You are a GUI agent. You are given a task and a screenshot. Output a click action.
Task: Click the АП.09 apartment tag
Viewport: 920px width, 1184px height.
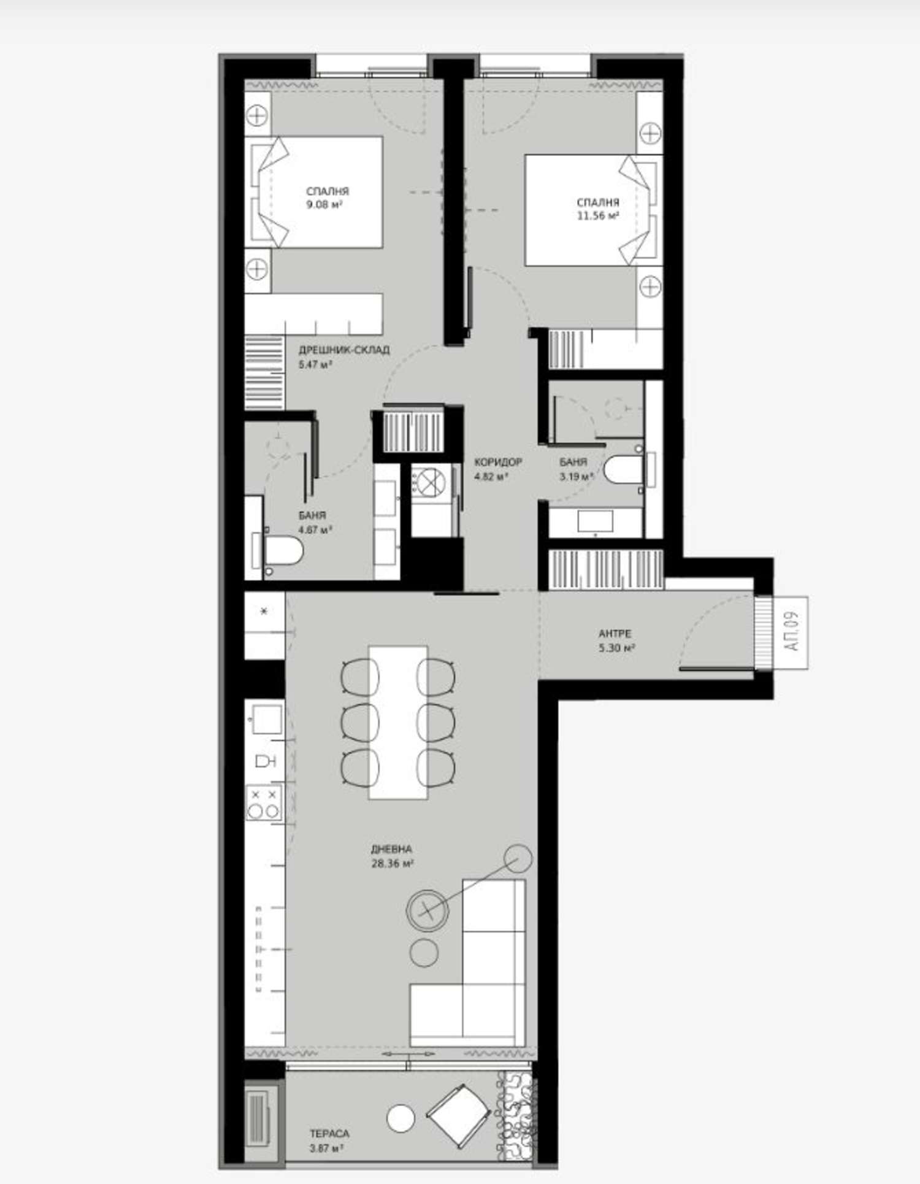(791, 632)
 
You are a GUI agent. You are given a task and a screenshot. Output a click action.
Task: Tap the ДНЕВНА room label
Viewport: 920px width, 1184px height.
(391, 850)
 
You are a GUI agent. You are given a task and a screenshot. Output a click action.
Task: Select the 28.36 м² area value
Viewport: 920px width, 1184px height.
(392, 864)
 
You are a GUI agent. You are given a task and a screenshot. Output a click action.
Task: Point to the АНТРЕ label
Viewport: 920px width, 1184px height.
(615, 634)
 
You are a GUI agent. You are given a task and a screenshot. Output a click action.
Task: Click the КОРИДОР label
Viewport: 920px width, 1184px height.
(498, 462)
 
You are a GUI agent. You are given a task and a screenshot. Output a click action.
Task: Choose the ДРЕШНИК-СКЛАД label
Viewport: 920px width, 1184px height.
(344, 350)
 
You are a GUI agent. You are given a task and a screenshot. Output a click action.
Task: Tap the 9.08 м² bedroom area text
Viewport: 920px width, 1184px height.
(324, 205)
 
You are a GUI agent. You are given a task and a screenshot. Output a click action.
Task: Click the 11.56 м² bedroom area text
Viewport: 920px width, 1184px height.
(597, 216)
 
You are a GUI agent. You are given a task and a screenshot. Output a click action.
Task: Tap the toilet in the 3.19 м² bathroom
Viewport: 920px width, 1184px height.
(623, 470)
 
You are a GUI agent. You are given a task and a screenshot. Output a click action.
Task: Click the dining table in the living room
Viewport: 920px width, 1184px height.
(398, 722)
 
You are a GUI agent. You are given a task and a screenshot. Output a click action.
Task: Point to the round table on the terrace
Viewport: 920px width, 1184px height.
(401, 1118)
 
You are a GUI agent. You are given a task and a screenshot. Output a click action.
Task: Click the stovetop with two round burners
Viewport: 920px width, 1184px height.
(264, 803)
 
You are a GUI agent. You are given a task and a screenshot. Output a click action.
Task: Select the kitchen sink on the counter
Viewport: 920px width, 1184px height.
(267, 719)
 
